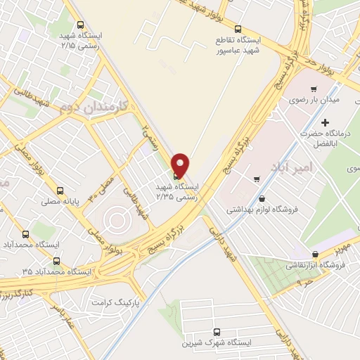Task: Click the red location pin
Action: tap(180, 165)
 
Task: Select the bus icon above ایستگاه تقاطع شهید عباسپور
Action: tap(238, 29)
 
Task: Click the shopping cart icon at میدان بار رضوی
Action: tap(313, 89)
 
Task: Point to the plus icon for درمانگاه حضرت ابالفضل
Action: tap(326, 123)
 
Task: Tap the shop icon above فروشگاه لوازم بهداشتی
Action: tap(262, 198)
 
